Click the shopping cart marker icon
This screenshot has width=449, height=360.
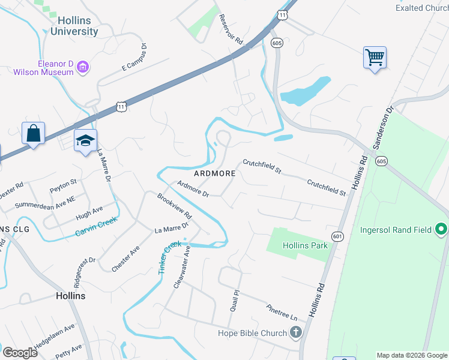(375, 58)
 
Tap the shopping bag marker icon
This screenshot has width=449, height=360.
(33, 133)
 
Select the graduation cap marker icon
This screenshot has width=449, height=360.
(85, 141)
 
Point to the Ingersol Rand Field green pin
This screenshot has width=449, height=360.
(442, 229)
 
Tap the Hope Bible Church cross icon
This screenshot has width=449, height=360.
(295, 332)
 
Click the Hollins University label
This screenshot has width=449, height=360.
(74, 26)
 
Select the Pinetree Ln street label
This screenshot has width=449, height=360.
(282, 311)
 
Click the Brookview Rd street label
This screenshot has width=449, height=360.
(174, 206)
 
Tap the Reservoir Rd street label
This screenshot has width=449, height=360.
(231, 30)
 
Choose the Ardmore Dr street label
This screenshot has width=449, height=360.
(193, 189)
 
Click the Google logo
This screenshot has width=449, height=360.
(20, 352)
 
